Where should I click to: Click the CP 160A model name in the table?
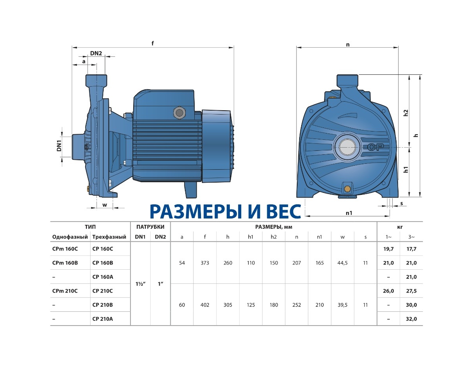102,277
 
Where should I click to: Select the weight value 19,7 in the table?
388,249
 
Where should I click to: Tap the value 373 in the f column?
205,263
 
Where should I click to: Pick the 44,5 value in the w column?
343,263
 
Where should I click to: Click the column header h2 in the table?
274,237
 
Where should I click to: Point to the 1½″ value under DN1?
140,284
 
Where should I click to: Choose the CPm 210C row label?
65,291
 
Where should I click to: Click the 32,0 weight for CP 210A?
411,319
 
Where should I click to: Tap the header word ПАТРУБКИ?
150,227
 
